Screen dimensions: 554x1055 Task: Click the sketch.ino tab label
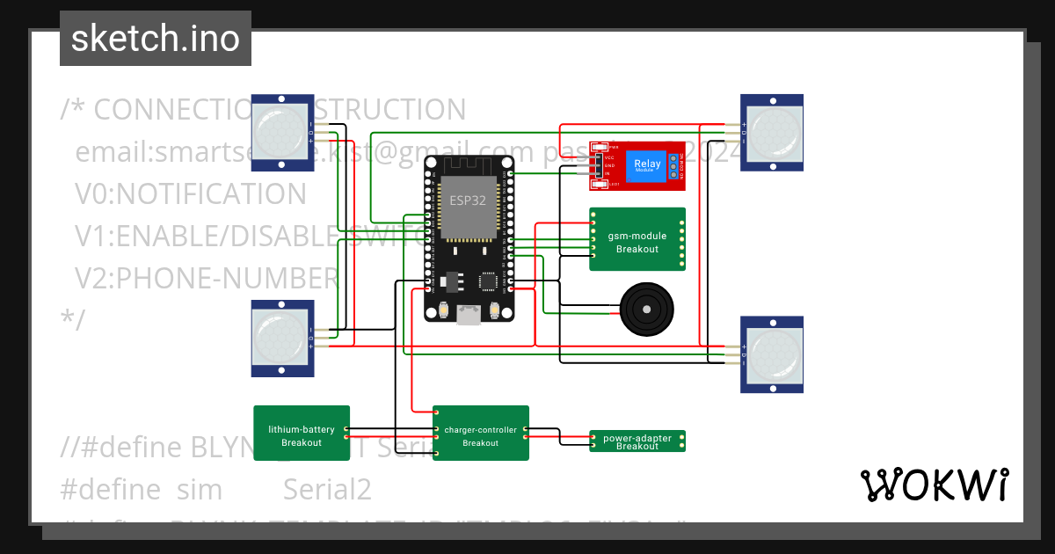(155, 39)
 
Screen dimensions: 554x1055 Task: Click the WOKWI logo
(934, 485)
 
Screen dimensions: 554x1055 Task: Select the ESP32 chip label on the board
(468, 200)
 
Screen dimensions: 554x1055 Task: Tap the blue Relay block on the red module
(647, 164)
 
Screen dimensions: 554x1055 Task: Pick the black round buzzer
(648, 310)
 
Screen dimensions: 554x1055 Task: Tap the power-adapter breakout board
(637, 441)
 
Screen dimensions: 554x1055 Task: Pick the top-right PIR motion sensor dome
(772, 132)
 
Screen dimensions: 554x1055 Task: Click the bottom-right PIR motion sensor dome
(772, 354)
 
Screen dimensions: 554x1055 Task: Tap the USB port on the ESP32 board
(469, 313)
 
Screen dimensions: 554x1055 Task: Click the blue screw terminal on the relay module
(674, 165)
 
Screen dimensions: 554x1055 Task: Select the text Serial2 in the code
(327, 489)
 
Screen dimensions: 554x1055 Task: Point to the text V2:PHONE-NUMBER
(206, 278)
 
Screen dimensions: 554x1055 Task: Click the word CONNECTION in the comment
(167, 109)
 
